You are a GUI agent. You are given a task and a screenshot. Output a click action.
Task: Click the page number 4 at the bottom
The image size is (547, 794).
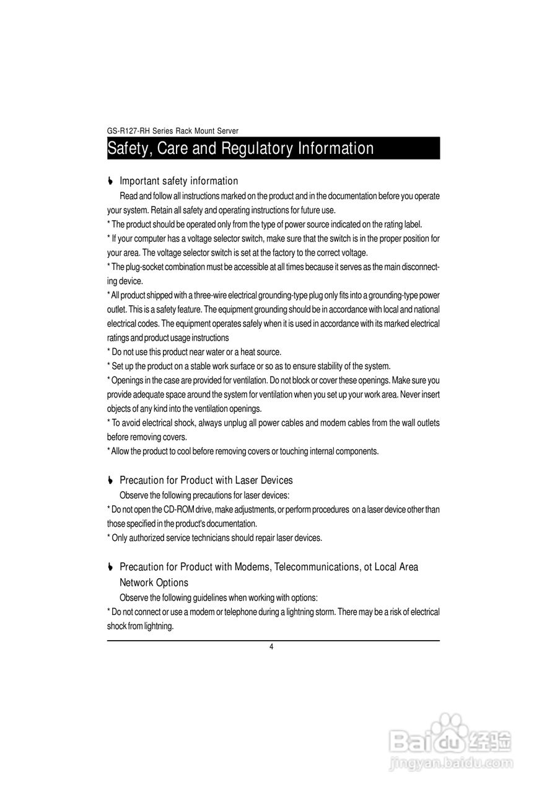[271, 647]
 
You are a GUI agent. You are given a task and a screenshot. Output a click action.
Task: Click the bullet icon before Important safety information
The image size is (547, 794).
[110, 181]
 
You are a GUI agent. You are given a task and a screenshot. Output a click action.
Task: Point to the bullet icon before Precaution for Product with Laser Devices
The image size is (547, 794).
[110, 481]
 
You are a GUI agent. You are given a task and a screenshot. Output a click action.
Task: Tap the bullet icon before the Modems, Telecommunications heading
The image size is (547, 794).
[110, 568]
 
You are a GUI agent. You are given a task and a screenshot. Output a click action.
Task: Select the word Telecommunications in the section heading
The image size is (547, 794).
[316, 567]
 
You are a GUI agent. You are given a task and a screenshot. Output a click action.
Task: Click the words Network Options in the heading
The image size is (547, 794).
[154, 582]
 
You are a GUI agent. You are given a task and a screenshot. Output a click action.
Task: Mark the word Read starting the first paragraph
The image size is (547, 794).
[128, 196]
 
